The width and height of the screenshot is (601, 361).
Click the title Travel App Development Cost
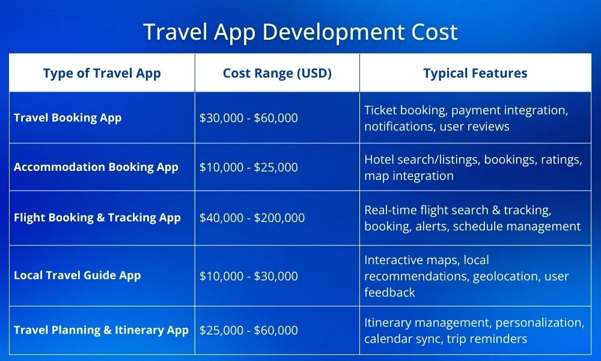300,32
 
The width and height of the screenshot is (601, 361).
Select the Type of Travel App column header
102,73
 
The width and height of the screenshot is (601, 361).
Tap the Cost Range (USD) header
277,73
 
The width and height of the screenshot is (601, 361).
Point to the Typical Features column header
475,73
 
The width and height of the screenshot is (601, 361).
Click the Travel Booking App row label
67,118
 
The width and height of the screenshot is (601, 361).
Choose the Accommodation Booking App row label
96,167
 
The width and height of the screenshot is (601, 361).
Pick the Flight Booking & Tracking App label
97,218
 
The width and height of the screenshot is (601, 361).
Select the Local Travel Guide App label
77,276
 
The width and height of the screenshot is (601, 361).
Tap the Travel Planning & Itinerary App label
101,330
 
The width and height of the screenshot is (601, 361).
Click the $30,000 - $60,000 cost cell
248,118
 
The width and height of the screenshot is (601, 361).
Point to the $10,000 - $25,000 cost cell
248,168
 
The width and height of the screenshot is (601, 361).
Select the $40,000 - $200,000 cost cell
252,218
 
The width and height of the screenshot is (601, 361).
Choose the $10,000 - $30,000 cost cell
248,276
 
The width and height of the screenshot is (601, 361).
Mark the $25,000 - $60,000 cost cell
248,330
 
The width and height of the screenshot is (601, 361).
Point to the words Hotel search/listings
423,160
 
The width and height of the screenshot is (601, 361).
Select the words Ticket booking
406,111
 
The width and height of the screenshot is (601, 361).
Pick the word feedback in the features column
389,293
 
